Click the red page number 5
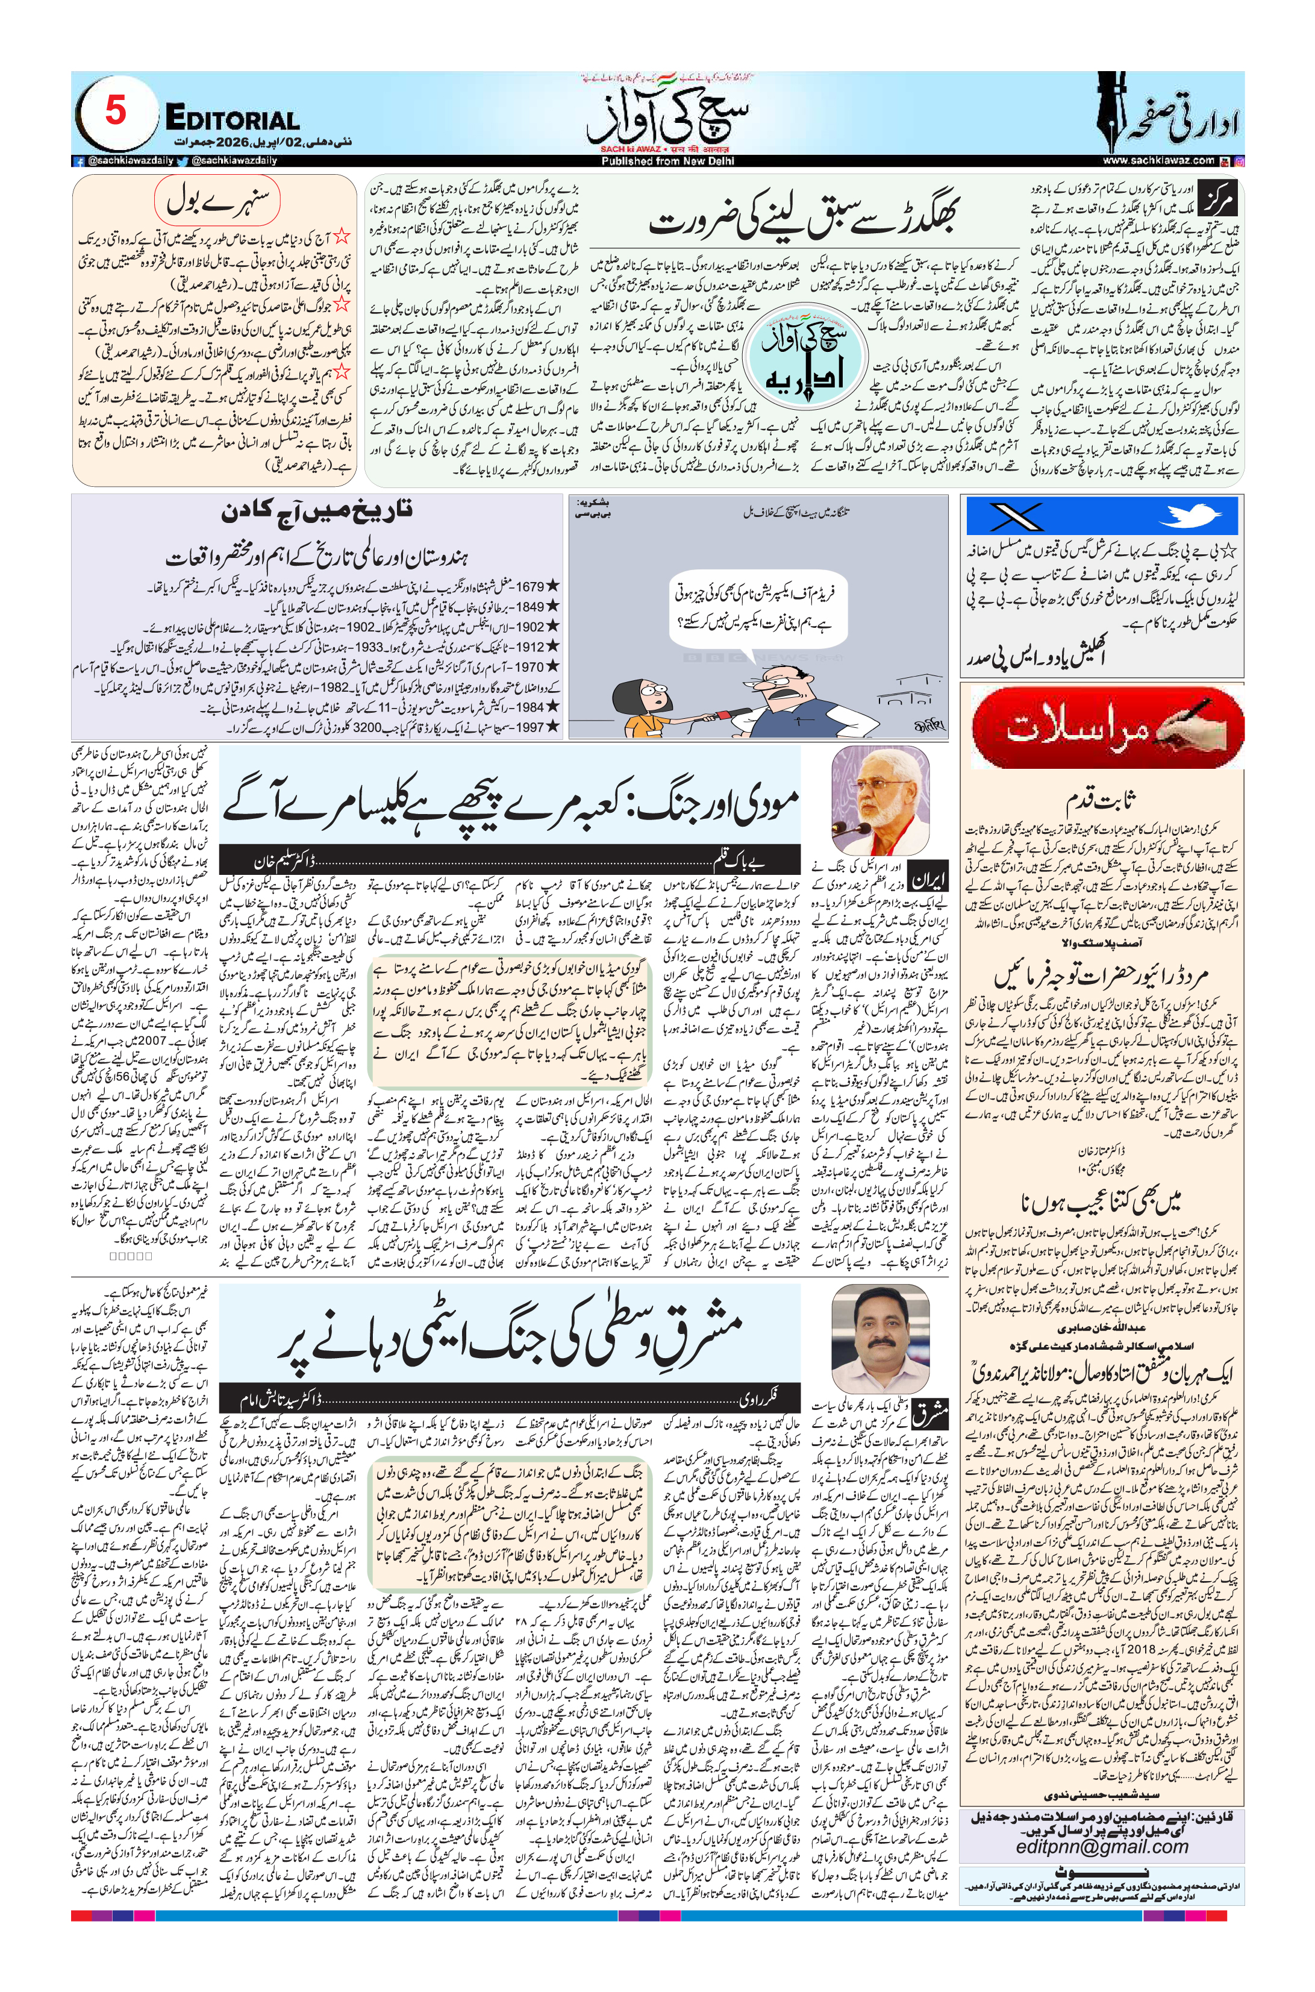coord(116,111)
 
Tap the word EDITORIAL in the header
coord(233,118)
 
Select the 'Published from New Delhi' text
coord(667,161)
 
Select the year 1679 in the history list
coord(530,586)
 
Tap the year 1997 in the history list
coord(530,727)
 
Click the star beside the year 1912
coord(552,647)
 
